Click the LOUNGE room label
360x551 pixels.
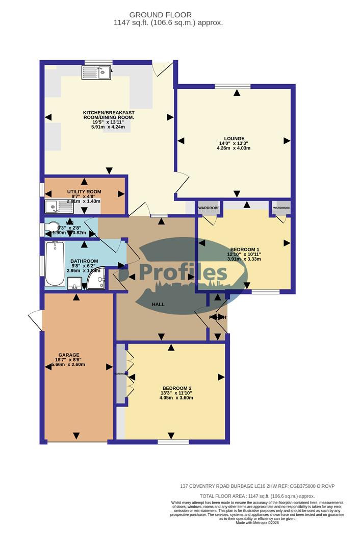click(237, 138)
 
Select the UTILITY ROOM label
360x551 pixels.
click(84, 192)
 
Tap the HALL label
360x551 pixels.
click(158, 304)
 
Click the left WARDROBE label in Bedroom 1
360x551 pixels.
click(209, 208)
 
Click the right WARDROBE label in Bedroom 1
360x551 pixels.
click(281, 208)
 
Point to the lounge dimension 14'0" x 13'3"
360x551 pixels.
click(237, 143)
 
